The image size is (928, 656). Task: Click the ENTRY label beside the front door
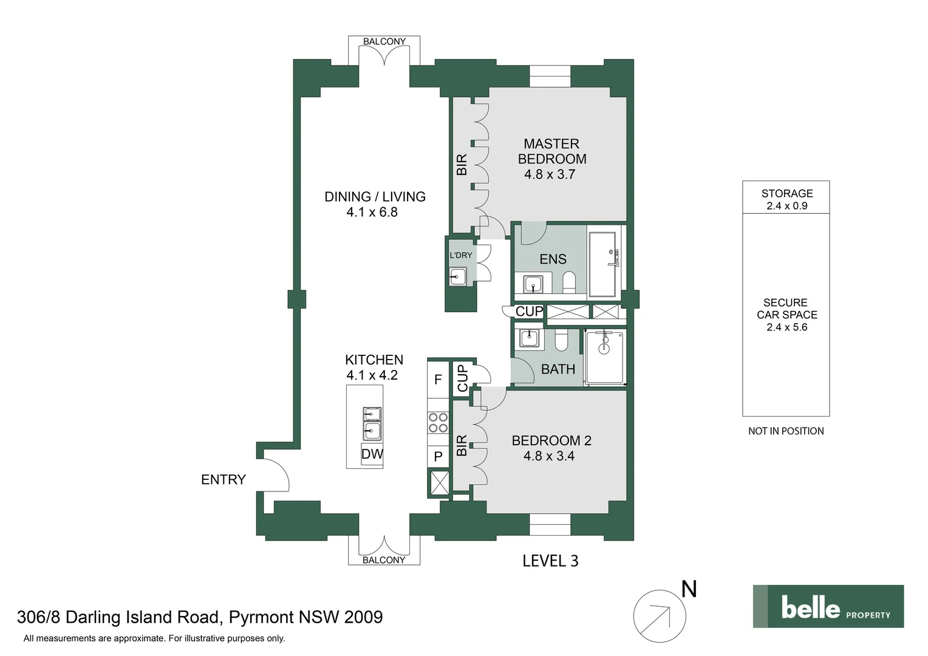point(223,479)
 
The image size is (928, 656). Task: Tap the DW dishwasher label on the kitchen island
point(372,454)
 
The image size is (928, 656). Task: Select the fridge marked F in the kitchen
point(438,380)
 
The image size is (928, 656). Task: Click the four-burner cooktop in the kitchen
point(438,422)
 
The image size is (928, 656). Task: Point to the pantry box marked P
point(438,456)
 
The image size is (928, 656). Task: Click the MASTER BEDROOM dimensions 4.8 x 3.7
point(550,174)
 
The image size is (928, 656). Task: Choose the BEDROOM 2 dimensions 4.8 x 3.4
point(549,456)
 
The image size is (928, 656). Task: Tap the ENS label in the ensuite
point(553,259)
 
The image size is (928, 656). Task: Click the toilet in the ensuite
point(569,282)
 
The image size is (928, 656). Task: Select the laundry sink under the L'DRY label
point(457,276)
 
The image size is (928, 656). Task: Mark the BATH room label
point(558,369)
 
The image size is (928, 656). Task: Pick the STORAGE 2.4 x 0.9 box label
point(786,199)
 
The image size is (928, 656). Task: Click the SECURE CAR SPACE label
point(786,315)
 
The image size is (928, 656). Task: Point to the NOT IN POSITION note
point(786,431)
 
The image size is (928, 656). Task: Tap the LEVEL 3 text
point(550,561)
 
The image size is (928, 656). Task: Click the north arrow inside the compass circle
point(660,617)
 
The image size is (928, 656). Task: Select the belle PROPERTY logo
point(828,606)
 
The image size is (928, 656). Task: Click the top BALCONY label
point(384,41)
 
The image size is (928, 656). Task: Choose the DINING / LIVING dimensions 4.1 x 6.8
point(372,212)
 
